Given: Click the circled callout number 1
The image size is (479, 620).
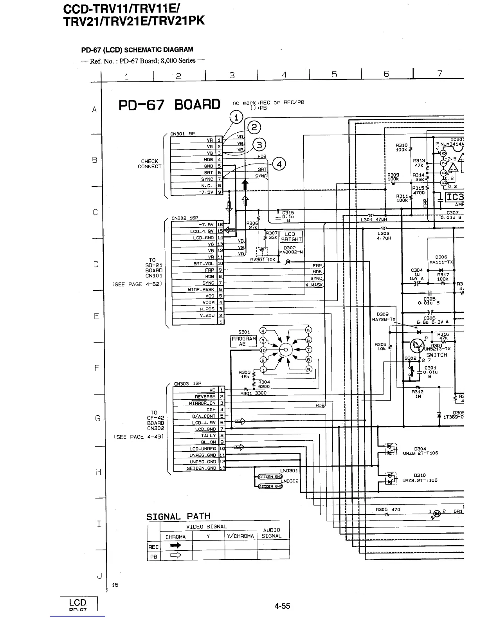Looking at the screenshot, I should tap(236, 117).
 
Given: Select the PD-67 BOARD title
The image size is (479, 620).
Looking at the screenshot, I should tap(169, 105).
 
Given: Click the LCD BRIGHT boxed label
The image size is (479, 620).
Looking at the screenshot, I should tap(291, 236).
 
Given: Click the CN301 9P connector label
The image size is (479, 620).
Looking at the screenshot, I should tap(183, 133).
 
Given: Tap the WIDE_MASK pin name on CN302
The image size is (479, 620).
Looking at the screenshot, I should tap(201, 290).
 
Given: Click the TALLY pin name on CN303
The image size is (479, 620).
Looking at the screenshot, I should tap(208, 436).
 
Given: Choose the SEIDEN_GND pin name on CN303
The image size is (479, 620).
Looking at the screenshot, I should tap(201, 468).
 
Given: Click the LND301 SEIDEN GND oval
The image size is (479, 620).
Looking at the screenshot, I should tap(270, 476).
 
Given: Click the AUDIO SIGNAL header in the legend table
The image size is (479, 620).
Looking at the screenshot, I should tap(272, 533).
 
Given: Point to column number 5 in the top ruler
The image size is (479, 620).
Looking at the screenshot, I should tap(334, 74).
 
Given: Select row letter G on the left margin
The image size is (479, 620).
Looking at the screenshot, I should tap(97, 418).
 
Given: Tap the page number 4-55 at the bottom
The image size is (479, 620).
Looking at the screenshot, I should tap(282, 606).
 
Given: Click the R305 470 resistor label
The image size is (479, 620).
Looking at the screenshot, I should tap(387, 509).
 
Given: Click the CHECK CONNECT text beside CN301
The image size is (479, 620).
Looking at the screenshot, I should tap(149, 164).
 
